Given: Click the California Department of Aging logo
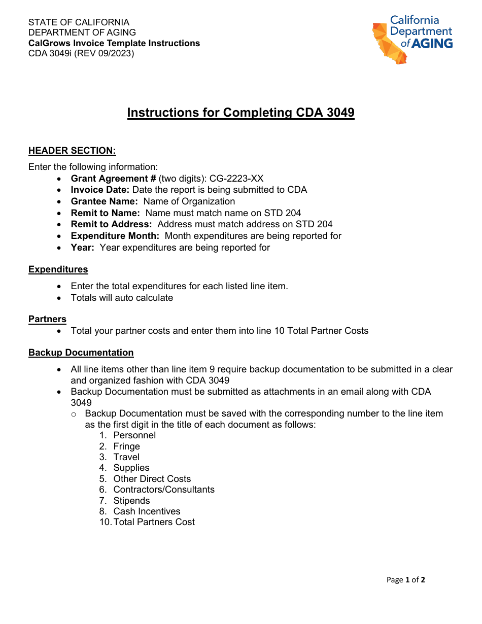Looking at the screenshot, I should [412, 39].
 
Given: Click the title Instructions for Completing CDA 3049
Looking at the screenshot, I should [240, 113].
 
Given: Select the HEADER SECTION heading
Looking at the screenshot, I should [72, 151].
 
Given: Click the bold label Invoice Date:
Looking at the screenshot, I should [100, 190].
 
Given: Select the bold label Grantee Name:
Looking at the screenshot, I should [104, 201].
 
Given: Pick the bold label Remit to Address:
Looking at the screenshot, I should [111, 224].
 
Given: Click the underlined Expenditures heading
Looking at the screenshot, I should [58, 269].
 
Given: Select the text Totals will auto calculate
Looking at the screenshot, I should [122, 298].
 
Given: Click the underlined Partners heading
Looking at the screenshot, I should [47, 319].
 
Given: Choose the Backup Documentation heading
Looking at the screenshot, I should [81, 353].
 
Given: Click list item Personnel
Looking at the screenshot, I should [134, 435].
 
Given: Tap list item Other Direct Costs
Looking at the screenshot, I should [152, 479].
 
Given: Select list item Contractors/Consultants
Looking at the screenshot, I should [164, 490].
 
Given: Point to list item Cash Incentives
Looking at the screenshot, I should [147, 511].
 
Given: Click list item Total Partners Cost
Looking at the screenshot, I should [154, 522].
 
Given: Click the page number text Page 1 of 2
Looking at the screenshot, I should [405, 580].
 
